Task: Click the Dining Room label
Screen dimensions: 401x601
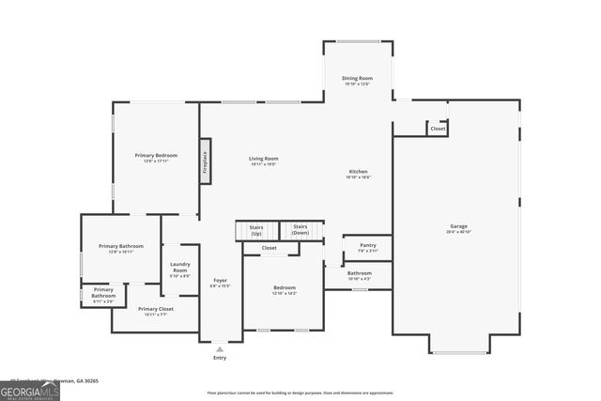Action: tap(358, 80)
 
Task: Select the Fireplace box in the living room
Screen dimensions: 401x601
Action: tap(205, 162)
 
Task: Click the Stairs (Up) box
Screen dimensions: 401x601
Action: tap(256, 229)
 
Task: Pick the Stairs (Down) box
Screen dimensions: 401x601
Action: tap(300, 229)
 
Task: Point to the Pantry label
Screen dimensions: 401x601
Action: tap(367, 247)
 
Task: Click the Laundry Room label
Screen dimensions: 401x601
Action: tap(179, 270)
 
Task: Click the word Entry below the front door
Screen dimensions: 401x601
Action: tap(220, 357)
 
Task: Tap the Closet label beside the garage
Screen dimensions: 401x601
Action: tap(438, 129)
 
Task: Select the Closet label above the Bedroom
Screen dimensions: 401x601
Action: tap(269, 248)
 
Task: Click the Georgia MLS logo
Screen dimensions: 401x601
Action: tap(29, 391)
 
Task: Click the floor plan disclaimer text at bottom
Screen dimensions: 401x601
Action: tap(300, 393)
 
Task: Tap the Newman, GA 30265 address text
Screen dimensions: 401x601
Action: tap(78, 381)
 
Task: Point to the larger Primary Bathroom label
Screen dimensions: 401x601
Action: tap(120, 248)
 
